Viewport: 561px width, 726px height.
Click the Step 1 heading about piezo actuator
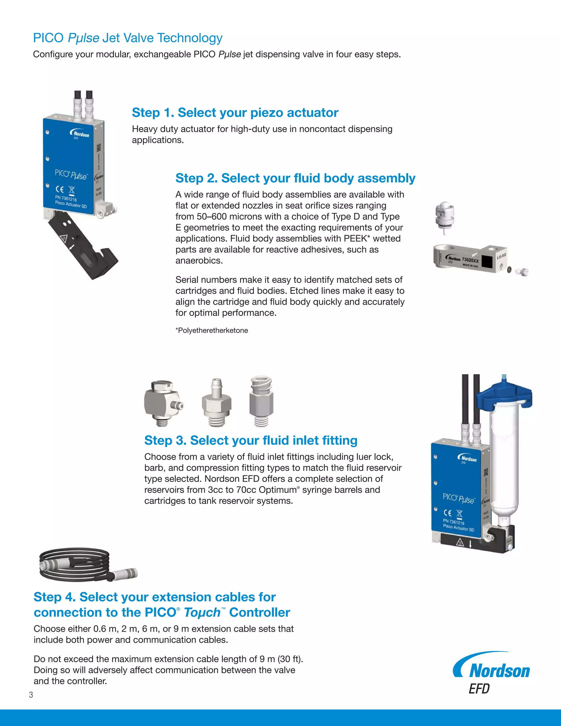pos(235,113)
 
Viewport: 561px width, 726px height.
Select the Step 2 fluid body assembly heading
pos(295,178)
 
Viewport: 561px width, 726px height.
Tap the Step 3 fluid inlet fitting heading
pos(251,441)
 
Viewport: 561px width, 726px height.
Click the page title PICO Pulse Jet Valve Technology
pos(128,38)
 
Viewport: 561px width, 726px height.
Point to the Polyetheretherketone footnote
pos(212,330)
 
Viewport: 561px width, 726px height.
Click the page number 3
pos(31,695)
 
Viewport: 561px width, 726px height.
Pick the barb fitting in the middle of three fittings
pos(216,403)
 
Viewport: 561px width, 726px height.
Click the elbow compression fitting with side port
pos(162,402)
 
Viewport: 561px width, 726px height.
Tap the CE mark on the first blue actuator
pos(60,189)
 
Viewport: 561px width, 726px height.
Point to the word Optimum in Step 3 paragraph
pos(277,490)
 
